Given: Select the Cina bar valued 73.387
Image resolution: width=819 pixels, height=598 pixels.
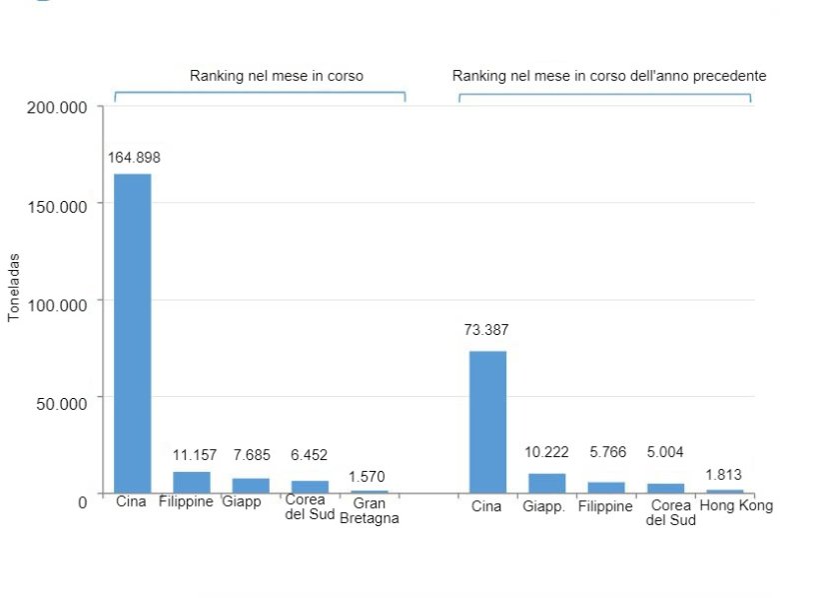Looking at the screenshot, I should [x=487, y=421].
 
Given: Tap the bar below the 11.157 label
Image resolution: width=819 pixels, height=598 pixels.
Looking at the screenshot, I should [x=191, y=482].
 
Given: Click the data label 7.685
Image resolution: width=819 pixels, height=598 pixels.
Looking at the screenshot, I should [x=250, y=455].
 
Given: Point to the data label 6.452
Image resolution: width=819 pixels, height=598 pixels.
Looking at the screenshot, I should [x=309, y=455].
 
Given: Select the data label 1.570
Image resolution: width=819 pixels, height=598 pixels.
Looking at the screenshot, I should [x=368, y=476].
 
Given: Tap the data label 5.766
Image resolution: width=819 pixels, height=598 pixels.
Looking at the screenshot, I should [x=605, y=452].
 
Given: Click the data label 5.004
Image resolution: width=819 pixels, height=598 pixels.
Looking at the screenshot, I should [x=665, y=452].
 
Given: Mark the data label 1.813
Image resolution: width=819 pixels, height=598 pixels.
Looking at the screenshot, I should [x=724, y=475].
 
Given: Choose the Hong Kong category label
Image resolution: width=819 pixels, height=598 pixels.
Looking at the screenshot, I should [x=736, y=506].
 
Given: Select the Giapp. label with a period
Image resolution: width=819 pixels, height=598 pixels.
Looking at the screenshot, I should [x=543, y=507].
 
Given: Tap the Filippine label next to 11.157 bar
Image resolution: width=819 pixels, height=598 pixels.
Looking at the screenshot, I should [x=186, y=502].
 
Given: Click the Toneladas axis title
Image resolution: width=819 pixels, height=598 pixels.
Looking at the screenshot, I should [x=14, y=286].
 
